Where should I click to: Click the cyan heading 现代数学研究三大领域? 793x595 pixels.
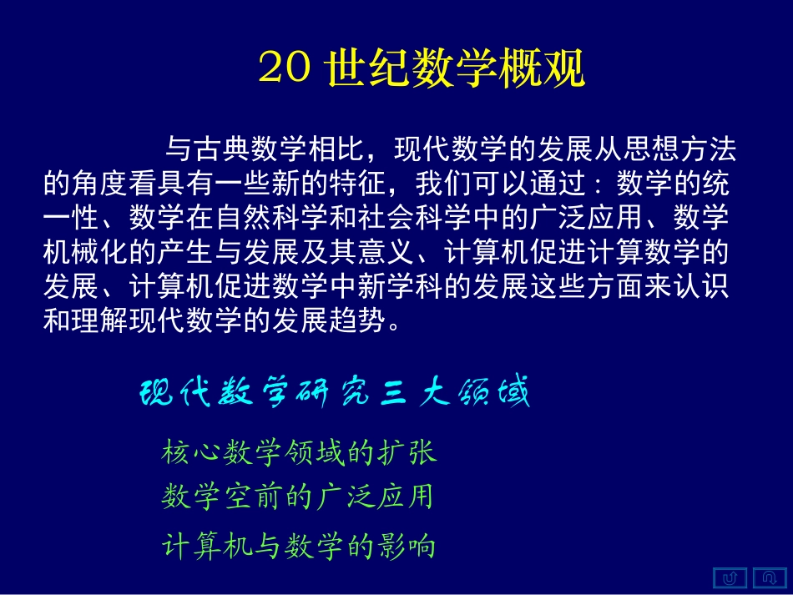click(x=334, y=392)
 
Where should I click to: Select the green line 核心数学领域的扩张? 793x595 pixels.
click(x=299, y=452)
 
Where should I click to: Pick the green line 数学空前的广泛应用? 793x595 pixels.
click(x=297, y=497)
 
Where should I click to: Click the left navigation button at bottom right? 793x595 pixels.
click(x=731, y=577)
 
